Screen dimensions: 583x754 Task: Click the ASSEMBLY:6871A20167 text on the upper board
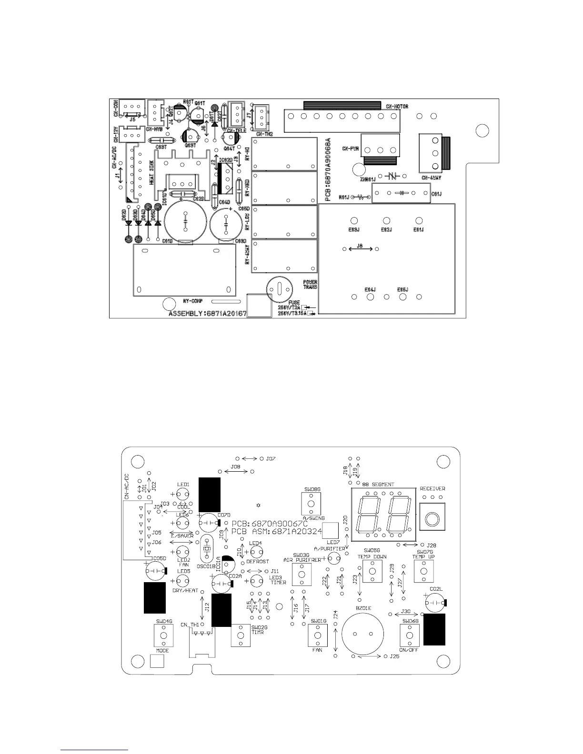(207, 314)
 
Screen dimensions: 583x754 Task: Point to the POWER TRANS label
(310, 285)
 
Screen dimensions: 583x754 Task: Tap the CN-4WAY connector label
(431, 178)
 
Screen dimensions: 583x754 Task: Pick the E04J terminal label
(370, 289)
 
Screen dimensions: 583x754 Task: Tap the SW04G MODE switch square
(163, 635)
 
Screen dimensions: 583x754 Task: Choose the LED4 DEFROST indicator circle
(256, 552)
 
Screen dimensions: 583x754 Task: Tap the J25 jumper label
(394, 656)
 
